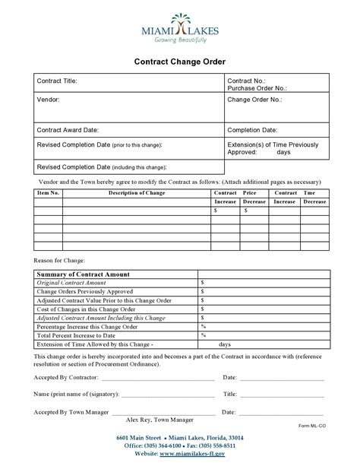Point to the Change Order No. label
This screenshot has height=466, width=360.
point(254,99)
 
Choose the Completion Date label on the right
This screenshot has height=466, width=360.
point(252,130)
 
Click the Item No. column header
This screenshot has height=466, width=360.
point(48,193)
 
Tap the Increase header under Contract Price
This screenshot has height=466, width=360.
point(226,201)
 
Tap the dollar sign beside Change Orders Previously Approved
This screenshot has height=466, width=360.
point(203,291)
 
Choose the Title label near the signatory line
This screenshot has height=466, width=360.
point(230,395)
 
